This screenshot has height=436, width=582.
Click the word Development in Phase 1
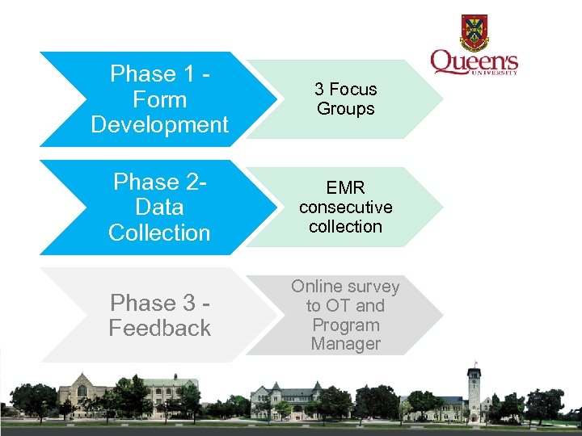[x=160, y=125]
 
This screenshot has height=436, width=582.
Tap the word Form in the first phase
[x=159, y=100]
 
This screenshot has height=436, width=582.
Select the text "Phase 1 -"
[x=160, y=74]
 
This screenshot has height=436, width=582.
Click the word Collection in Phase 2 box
[x=159, y=233]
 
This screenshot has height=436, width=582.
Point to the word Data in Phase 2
[x=159, y=208]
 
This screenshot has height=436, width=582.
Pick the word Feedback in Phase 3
[x=160, y=329]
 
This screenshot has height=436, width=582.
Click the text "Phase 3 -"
[x=160, y=303]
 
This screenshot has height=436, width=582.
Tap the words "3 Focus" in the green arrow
[x=345, y=90]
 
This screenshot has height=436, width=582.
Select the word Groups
[x=345, y=109]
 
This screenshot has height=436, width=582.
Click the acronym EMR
[x=345, y=188]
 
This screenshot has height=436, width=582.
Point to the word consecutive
[x=345, y=208]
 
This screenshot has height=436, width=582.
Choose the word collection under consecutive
[x=345, y=227]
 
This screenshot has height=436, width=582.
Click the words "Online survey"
[x=345, y=287]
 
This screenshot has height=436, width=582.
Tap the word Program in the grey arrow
[x=345, y=325]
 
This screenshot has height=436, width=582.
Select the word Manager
[x=345, y=344]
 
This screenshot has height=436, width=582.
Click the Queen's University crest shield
[x=474, y=33]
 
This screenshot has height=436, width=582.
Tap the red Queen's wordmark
[x=474, y=62]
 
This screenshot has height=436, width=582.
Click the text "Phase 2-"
[x=160, y=182]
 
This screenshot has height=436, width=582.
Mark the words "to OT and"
[x=345, y=306]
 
